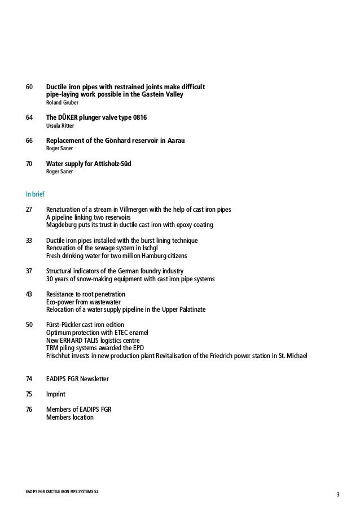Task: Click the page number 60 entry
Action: (x=29, y=87)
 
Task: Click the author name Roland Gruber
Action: (x=62, y=103)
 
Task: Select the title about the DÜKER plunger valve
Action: (x=100, y=117)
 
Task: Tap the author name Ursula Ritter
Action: (x=60, y=125)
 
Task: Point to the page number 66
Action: (x=29, y=140)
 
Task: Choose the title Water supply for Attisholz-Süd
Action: (x=93, y=163)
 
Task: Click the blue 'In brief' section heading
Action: (x=36, y=194)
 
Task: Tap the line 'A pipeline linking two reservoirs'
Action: (x=88, y=217)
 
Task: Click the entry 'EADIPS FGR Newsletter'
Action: (x=77, y=378)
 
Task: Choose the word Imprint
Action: (x=55, y=394)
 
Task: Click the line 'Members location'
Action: (x=69, y=417)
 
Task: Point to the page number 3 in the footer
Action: (x=337, y=496)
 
